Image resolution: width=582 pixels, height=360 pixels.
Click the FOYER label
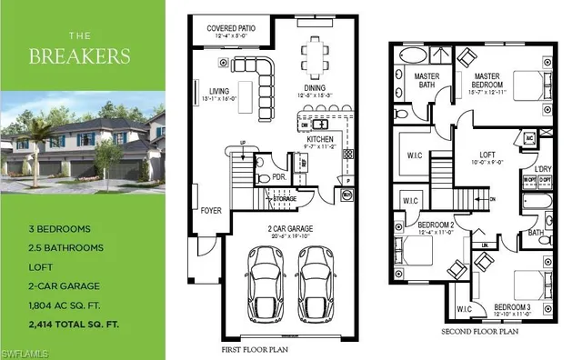coord(211,212)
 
